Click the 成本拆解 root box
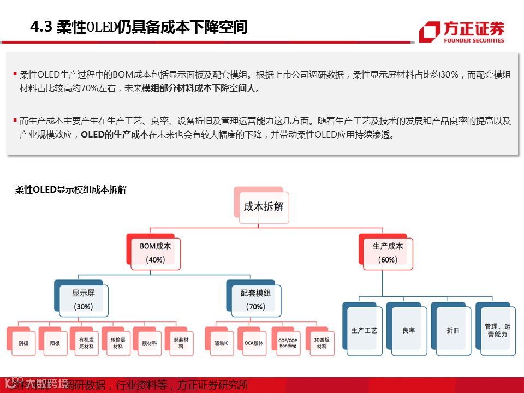click(263, 207)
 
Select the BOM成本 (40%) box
click(155, 253)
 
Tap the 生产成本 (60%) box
click(388, 253)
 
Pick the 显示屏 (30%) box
click(83, 300)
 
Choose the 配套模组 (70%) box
click(255, 300)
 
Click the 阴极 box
click(23, 343)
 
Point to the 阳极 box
click(55, 343)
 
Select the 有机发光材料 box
click(86, 343)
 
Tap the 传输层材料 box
click(117, 343)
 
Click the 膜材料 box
click(149, 343)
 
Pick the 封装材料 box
click(180, 343)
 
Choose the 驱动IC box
click(221, 343)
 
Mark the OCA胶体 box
click(254, 343)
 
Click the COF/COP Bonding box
click(288, 343)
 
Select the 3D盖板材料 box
click(321, 343)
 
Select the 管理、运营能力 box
click(497, 330)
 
